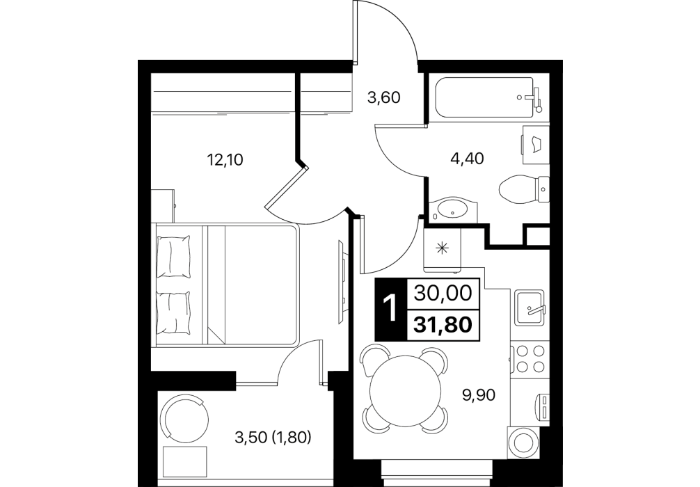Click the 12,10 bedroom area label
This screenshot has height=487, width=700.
pyautogui.click(x=225, y=159)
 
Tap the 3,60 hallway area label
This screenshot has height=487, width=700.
pyautogui.click(x=383, y=97)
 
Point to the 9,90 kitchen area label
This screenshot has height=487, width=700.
pyautogui.click(x=479, y=394)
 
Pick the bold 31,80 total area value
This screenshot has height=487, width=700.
pyautogui.click(x=443, y=324)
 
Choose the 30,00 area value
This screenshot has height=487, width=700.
pyautogui.click(x=443, y=294)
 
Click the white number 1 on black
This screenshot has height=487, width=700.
pyautogui.click(x=390, y=310)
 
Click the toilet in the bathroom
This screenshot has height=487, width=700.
pyautogui.click(x=523, y=189)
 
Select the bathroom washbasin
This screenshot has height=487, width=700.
pyautogui.click(x=453, y=209)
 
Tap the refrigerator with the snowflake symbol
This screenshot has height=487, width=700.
pyautogui.click(x=442, y=250)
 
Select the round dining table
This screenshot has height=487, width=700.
pyautogui.click(x=405, y=390)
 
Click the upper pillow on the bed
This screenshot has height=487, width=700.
pyautogui.click(x=174, y=256)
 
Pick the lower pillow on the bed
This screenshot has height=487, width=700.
pyautogui.click(x=174, y=312)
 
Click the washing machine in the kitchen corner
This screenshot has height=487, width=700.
pyautogui.click(x=524, y=442)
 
